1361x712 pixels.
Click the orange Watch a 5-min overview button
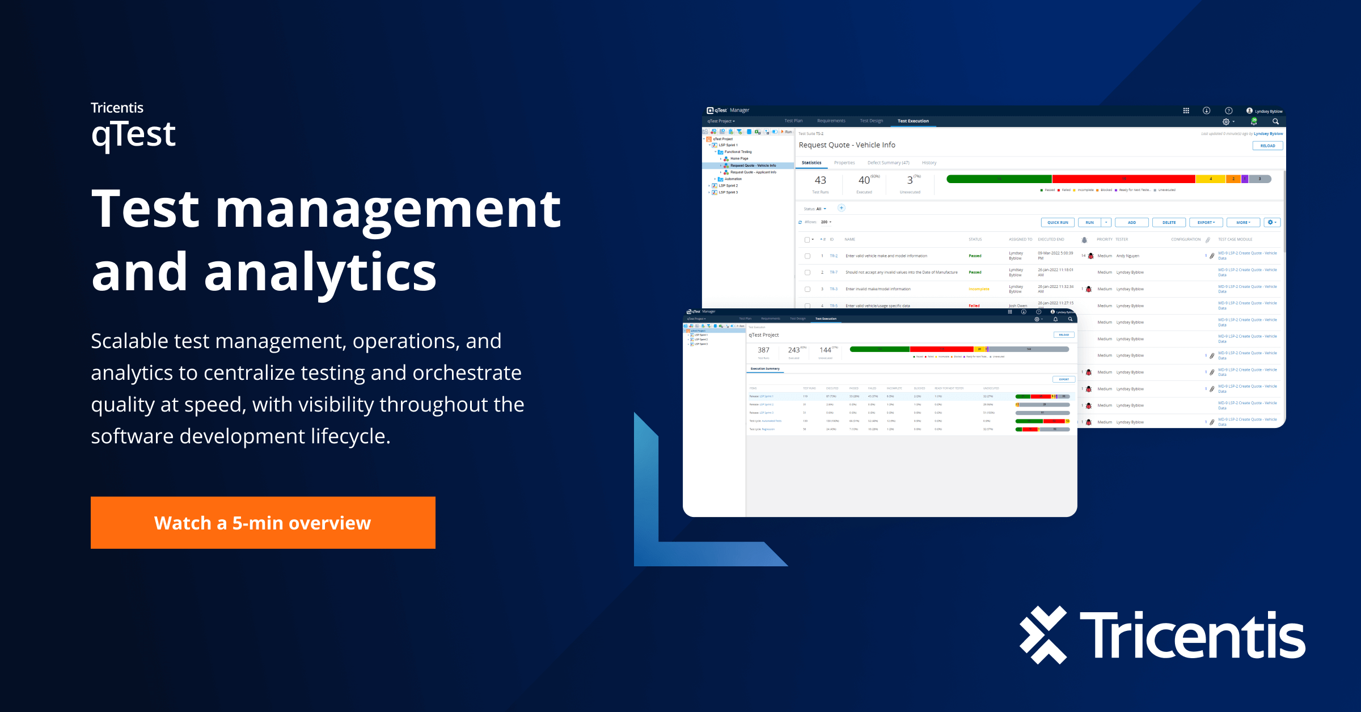263,523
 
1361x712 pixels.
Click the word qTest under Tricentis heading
133,135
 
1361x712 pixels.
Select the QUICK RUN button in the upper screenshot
1058,223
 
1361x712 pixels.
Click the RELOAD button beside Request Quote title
1267,146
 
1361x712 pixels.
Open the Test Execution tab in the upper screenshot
913,121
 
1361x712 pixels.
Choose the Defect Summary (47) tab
888,163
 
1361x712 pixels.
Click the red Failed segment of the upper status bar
1123,179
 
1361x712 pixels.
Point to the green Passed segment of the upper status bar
999,179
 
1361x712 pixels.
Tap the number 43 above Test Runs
820,180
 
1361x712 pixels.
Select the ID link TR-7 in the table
834,273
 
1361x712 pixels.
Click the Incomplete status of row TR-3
979,289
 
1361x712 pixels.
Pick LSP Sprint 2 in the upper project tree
728,186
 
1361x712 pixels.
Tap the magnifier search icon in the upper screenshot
1275,121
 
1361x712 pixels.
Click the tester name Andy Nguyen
1127,256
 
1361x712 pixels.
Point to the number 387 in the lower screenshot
763,350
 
